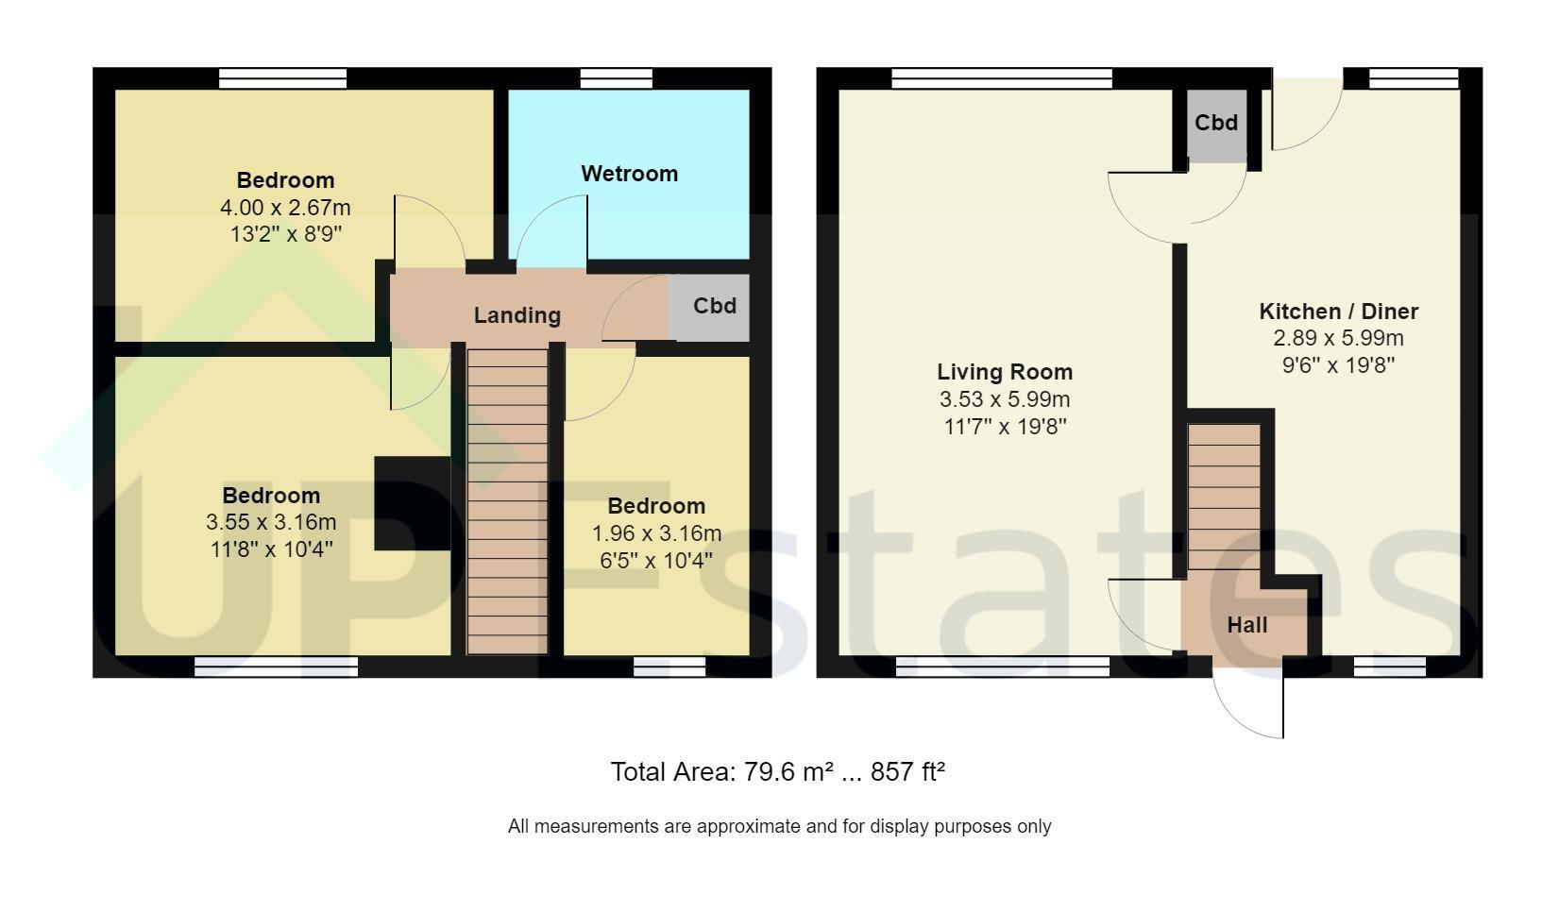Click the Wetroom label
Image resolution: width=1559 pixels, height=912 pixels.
click(x=629, y=173)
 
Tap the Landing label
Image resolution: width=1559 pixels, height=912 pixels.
click(x=517, y=315)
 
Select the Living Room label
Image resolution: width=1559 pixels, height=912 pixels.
click(x=1005, y=372)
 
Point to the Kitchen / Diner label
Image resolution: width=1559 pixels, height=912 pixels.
click(x=1338, y=311)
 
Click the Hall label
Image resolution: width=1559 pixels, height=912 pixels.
click(x=1247, y=625)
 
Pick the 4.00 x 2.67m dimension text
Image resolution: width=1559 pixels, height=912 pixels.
click(x=285, y=208)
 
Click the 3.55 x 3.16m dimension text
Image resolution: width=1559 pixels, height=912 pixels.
click(x=271, y=522)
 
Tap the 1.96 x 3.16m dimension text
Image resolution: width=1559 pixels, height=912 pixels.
click(x=656, y=533)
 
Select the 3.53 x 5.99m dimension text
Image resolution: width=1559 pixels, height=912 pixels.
click(x=1005, y=399)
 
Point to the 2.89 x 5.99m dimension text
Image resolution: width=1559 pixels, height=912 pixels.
click(x=1338, y=338)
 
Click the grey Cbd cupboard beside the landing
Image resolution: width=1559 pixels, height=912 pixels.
click(x=709, y=308)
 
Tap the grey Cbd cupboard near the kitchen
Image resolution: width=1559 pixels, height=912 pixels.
click(x=1216, y=126)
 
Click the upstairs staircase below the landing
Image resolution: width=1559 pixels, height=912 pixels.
click(x=507, y=501)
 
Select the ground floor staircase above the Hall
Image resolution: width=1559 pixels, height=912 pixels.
click(x=1224, y=497)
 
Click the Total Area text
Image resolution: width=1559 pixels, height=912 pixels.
click(x=777, y=772)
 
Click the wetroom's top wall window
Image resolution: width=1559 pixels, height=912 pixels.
click(x=616, y=78)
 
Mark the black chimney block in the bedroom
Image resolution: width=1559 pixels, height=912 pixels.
click(x=412, y=503)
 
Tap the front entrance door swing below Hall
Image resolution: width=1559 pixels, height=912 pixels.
click(x=1248, y=702)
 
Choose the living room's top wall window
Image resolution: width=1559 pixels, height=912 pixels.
click(x=1002, y=78)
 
